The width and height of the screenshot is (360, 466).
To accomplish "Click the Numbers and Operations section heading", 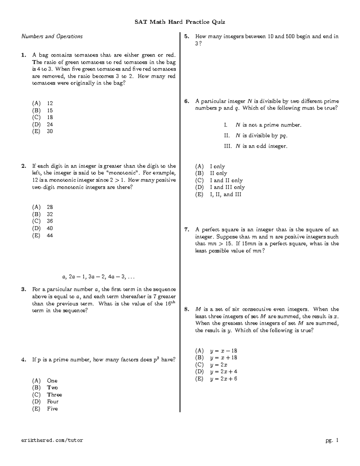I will [x=52, y=37].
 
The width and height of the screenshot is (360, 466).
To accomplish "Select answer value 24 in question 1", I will [x=50, y=125].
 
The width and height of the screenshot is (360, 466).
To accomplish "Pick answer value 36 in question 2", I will [x=50, y=221].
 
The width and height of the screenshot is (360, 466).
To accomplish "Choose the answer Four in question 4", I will [x=52, y=402].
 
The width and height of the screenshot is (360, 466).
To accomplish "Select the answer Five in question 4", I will [x=52, y=409].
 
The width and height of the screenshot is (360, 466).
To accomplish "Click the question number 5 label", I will [x=187, y=37].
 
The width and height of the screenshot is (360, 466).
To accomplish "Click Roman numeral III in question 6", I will [x=228, y=146].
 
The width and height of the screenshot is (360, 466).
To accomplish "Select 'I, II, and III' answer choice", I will [x=225, y=195].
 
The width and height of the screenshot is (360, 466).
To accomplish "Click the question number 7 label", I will [x=187, y=230].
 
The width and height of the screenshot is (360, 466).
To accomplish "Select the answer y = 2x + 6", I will [x=223, y=379].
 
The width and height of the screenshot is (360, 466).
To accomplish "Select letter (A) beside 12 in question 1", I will [x=36, y=104].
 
